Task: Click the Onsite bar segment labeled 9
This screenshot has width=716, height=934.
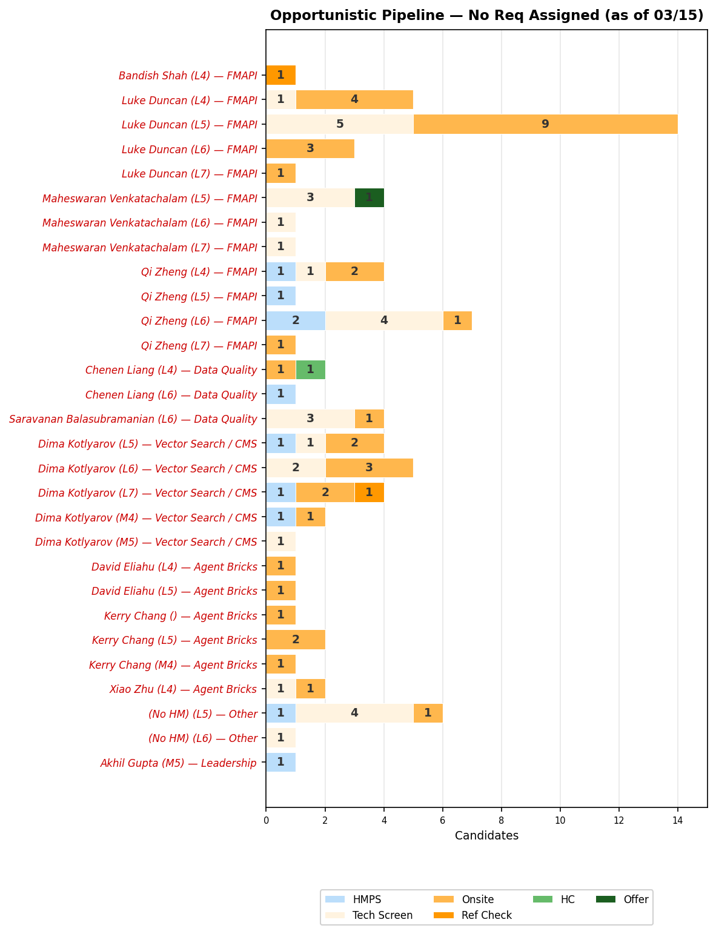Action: pos(545,124)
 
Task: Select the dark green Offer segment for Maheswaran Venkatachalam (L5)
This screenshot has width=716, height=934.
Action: pos(369,197)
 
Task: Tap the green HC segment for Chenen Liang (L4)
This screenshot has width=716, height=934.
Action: pos(310,369)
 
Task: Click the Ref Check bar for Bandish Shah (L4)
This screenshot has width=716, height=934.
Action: pos(280,75)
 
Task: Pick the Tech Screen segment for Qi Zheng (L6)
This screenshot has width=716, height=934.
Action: pos(384,320)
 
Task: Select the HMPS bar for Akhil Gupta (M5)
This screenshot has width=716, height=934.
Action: pos(280,762)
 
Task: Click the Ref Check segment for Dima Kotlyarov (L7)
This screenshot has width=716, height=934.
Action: pos(369,492)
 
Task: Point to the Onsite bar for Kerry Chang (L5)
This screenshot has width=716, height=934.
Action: pos(296,640)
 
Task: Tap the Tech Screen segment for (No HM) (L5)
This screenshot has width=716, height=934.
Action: pos(354,713)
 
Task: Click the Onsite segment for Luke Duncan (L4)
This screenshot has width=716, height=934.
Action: pos(354,99)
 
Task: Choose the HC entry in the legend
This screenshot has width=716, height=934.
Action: pos(567,899)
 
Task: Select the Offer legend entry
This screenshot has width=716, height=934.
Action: pos(635,899)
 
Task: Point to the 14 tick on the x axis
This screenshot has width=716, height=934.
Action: pos(678,821)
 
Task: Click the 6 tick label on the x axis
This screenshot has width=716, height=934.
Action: pos(443,821)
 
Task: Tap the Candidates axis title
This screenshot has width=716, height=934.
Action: pos(486,836)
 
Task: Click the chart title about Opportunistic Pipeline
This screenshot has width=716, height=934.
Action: pos(486,16)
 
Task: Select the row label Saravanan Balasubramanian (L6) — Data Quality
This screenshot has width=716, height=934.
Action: pos(133,419)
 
